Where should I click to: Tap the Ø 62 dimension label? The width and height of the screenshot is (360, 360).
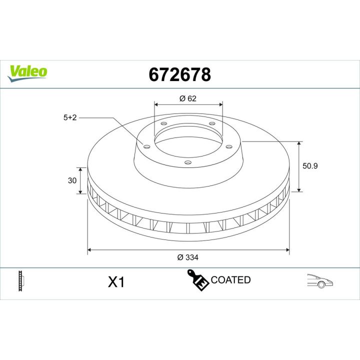(187, 98)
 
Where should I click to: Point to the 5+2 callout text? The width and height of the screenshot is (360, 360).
(69, 118)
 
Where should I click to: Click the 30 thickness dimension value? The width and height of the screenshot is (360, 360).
(72, 180)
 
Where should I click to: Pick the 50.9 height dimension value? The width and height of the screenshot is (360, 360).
(310, 166)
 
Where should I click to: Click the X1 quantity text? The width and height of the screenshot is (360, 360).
(116, 282)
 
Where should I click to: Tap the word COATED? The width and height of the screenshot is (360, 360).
(230, 280)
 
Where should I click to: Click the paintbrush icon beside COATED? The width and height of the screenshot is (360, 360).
(197, 280)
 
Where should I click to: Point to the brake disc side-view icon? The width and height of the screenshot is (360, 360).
(21, 280)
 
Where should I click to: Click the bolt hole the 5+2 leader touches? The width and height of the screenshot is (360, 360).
(146, 146)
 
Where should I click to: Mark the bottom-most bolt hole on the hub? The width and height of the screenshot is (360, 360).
(187, 162)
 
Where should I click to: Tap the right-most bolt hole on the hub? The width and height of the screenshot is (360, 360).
(229, 146)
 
